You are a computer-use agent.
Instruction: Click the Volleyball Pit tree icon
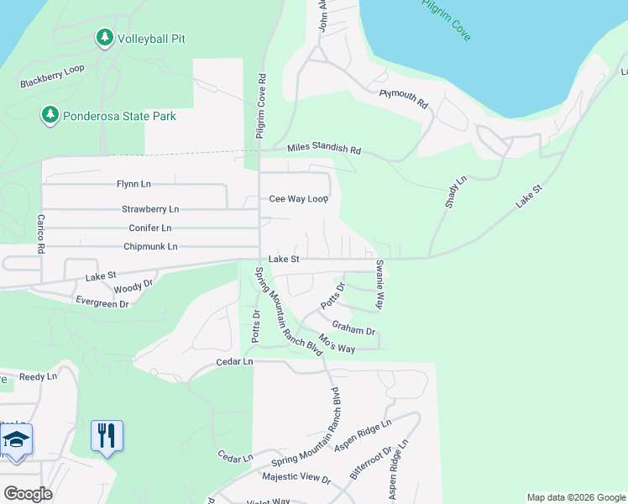pos(104,38)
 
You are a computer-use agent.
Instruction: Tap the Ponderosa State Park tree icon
pos(50,115)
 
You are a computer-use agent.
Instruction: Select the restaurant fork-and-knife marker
pos(107,435)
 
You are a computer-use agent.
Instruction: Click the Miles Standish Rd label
pos(323,149)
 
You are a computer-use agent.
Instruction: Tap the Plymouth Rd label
pos(404,99)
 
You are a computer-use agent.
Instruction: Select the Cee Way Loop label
pos(298,199)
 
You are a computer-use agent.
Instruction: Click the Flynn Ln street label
pos(133,184)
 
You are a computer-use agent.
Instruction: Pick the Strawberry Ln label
pos(150,208)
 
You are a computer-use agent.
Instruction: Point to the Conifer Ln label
pos(149,228)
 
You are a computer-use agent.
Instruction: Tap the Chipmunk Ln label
pos(150,246)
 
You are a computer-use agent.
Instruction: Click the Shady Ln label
pos(455,193)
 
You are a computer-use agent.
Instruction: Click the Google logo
pos(27,494)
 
